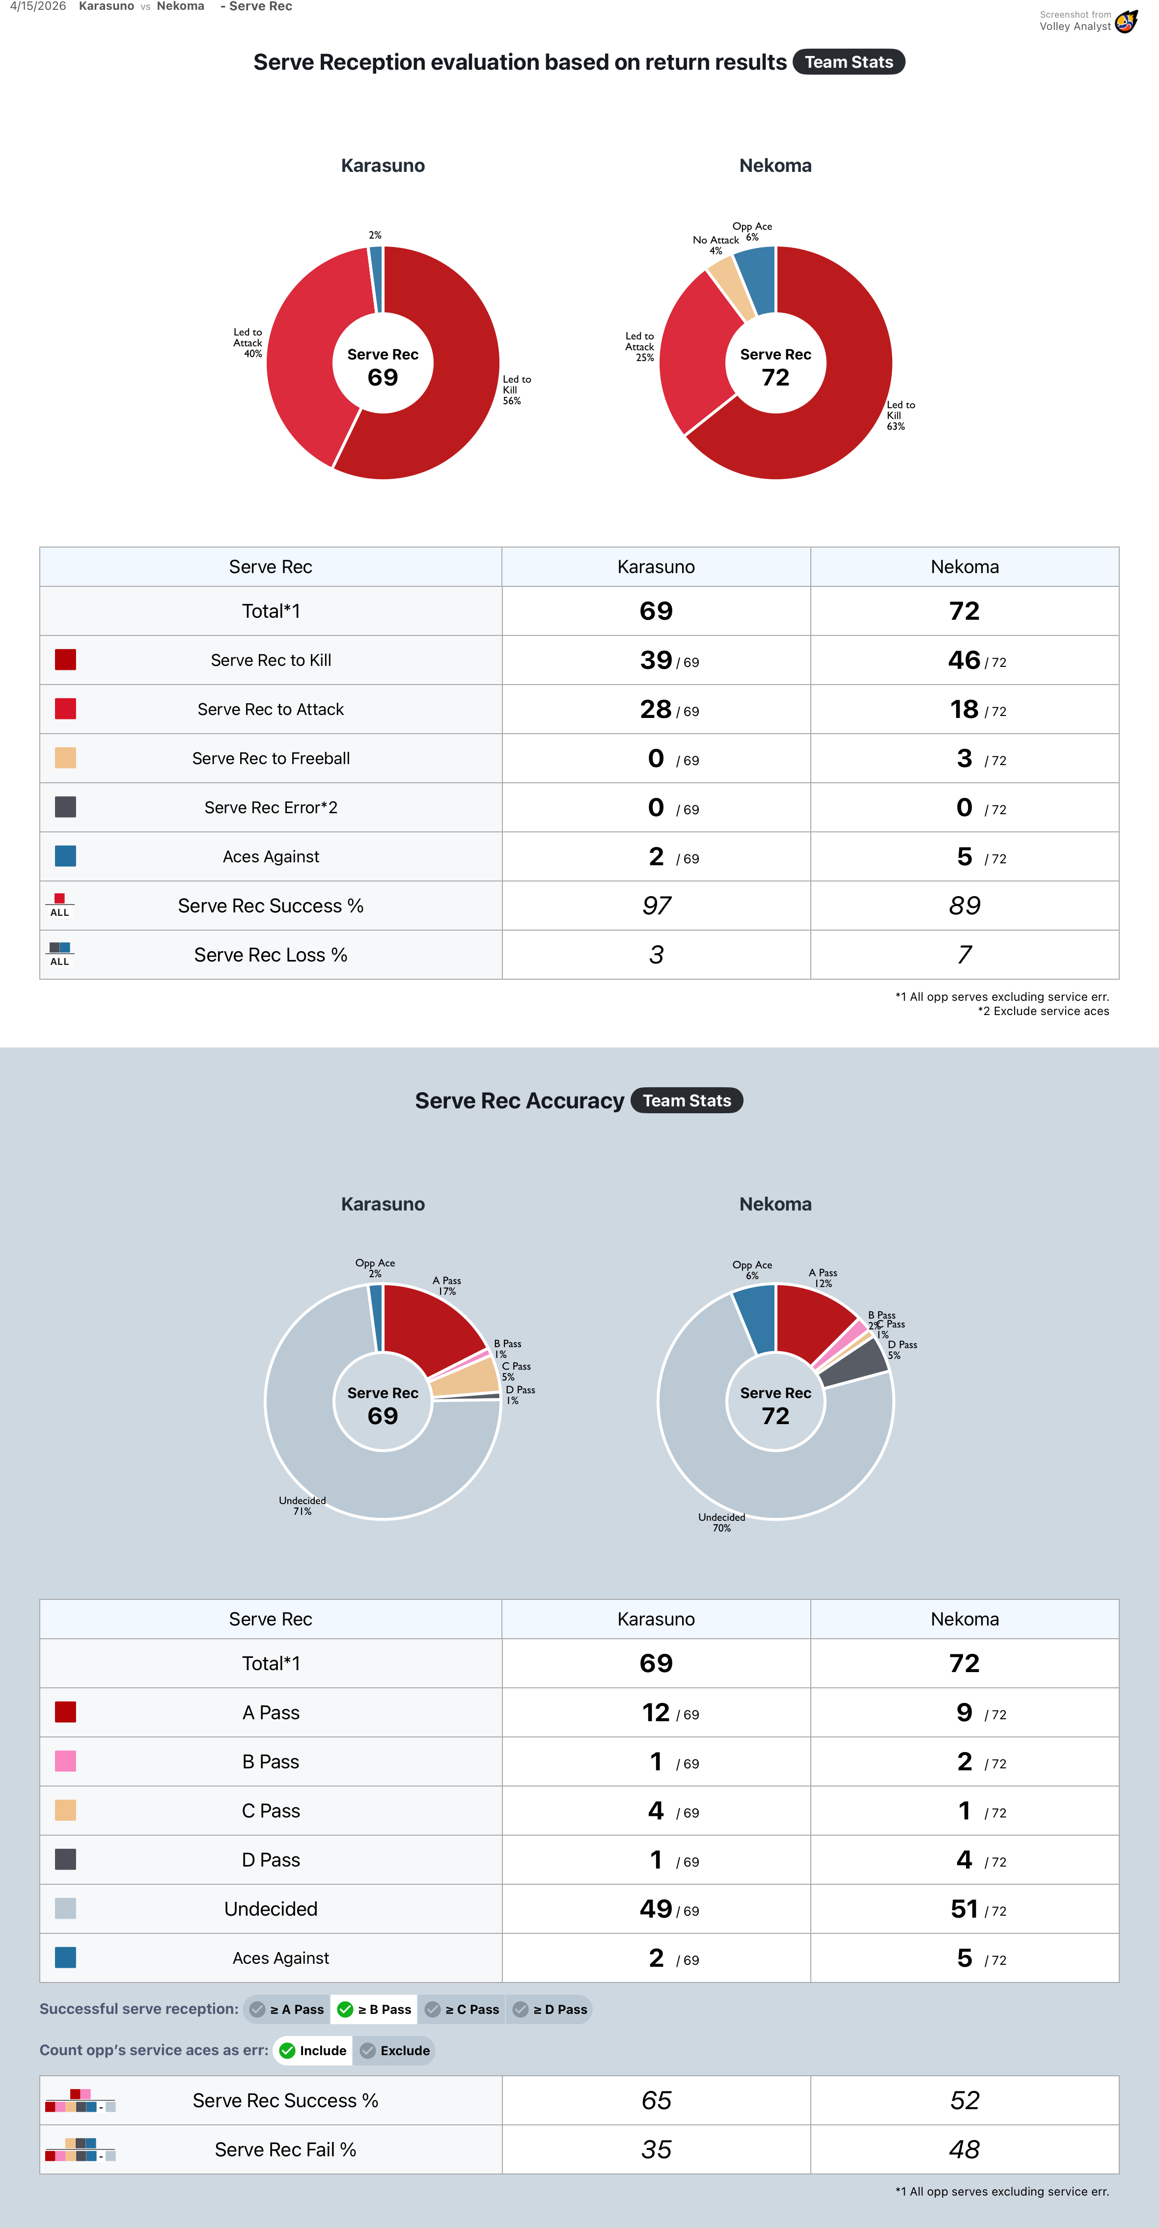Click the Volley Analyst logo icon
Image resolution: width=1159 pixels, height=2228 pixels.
click(x=1126, y=22)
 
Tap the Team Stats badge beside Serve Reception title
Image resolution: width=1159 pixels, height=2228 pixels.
click(x=849, y=62)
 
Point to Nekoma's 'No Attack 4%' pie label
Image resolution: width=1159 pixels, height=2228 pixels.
click(x=716, y=245)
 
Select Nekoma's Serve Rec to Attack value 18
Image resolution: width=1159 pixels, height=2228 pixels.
click(x=964, y=709)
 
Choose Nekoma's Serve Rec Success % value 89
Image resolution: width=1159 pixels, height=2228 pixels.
click(x=965, y=906)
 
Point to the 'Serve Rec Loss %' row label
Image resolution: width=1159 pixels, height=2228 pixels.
click(x=271, y=955)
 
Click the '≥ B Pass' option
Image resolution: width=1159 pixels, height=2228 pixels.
click(x=375, y=2009)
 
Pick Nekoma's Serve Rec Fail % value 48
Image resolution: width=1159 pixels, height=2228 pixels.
click(x=965, y=2149)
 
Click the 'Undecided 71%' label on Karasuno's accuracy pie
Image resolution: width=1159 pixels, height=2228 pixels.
click(x=302, y=1506)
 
